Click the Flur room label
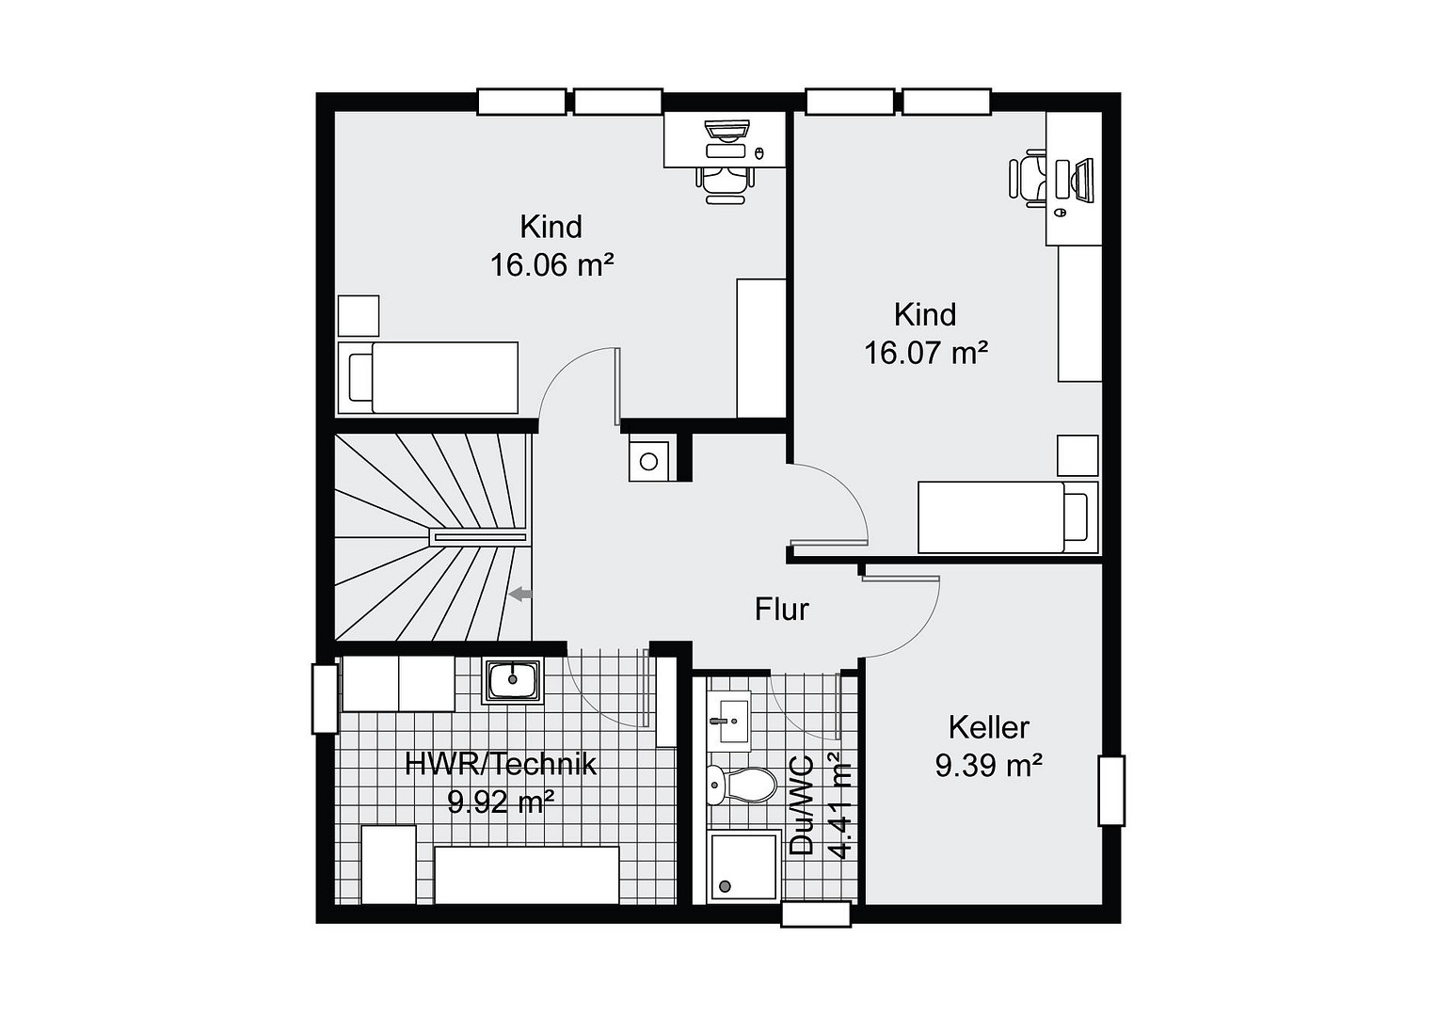781,609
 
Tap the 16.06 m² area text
552,264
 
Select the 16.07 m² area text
926,352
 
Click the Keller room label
988,727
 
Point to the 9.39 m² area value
988,765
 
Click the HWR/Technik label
501,764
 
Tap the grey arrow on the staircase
520,595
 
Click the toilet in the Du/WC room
742,785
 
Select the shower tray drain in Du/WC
726,886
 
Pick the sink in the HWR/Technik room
512,680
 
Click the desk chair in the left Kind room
725,184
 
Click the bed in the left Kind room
428,378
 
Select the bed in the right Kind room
1009,517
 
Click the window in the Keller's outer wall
1111,791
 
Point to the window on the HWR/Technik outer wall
325,699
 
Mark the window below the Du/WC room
816,914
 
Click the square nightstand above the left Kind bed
359,315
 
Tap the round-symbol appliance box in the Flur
648,461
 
